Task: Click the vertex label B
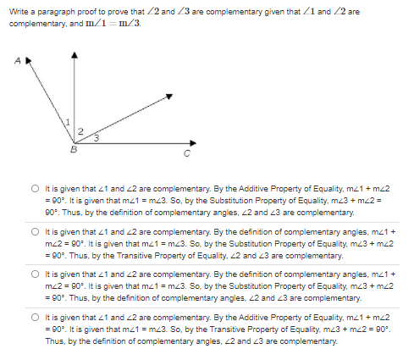coord(74,150)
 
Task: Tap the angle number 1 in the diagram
coord(69,125)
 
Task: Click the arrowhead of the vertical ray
coord(77,53)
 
